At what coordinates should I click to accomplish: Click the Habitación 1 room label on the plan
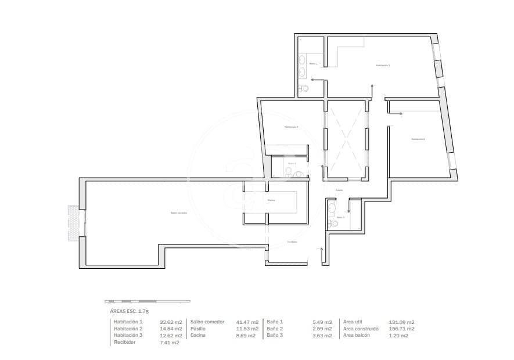pyautogui.click(x=383, y=66)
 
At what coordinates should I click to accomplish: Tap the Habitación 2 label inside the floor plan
pyautogui.click(x=418, y=139)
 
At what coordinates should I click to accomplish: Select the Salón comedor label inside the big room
pyautogui.click(x=179, y=213)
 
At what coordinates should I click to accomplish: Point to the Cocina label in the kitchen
pyautogui.click(x=271, y=200)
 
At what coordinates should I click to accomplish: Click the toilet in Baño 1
pyautogui.click(x=302, y=89)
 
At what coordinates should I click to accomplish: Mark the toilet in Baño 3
pyautogui.click(x=333, y=223)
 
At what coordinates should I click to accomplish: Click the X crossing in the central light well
pyautogui.click(x=346, y=139)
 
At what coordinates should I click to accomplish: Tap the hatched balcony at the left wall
pyautogui.click(x=73, y=222)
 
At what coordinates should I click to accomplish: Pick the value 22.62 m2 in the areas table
pyautogui.click(x=171, y=322)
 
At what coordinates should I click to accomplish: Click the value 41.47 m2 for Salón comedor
pyautogui.click(x=247, y=322)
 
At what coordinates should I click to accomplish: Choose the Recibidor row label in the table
pyautogui.click(x=125, y=343)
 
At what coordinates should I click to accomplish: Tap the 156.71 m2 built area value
pyautogui.click(x=401, y=329)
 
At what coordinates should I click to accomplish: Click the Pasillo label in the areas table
pyautogui.click(x=199, y=329)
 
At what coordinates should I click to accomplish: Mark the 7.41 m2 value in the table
pyautogui.click(x=169, y=343)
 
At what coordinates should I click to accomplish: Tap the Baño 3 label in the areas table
pyautogui.click(x=275, y=336)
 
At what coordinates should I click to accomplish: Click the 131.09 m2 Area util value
pyautogui.click(x=401, y=322)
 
